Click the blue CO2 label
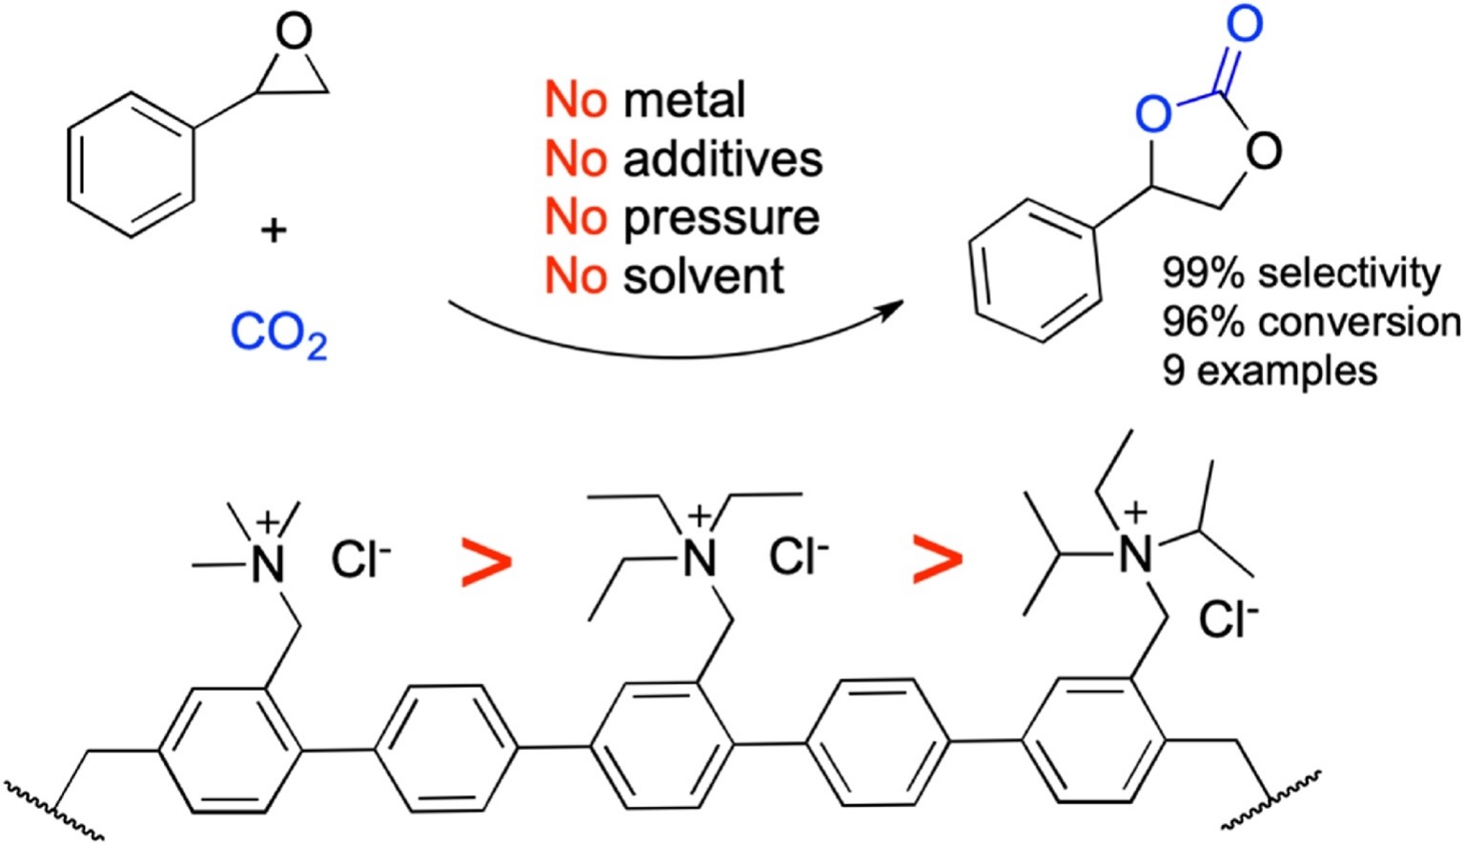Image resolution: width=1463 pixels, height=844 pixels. coord(278,335)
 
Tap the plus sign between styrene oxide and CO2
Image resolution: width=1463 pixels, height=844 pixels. coord(273,231)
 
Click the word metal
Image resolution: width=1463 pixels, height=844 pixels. coord(683,100)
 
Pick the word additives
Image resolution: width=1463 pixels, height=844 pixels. coord(722,158)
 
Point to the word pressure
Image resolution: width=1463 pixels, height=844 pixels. coord(721,218)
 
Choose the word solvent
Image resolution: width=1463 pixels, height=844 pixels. coord(703,276)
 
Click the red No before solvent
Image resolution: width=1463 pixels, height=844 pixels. coord(576,276)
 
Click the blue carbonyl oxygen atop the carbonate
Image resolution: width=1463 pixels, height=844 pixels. coord(1244,23)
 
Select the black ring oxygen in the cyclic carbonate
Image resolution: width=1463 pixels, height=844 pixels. coord(1263,150)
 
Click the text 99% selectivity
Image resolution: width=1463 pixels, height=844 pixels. coord(1301,273)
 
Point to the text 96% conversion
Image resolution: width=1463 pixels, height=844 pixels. coord(1311,322)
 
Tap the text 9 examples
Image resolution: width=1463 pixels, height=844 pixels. coord(1270,370)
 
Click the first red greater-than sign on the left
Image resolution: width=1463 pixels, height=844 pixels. coord(486,563)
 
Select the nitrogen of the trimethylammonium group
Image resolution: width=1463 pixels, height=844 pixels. coord(268,565)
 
